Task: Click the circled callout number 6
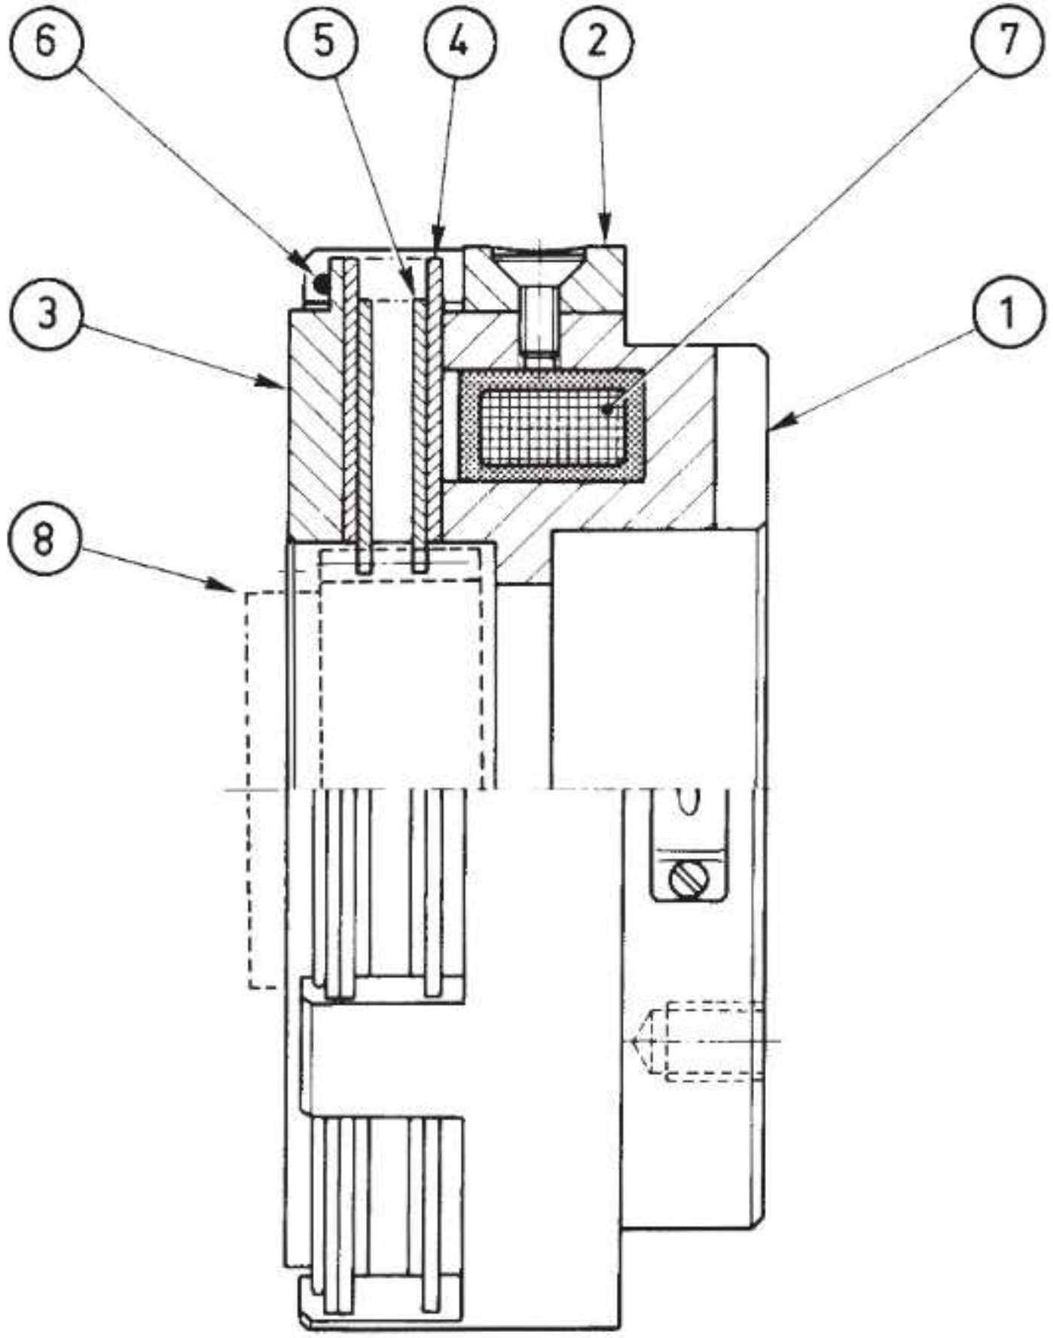[46, 41]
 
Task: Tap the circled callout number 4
[459, 41]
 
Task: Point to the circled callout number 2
[597, 41]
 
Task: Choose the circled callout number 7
[1009, 41]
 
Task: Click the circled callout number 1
[1009, 312]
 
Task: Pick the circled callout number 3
[46, 312]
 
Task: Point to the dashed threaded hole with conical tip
[696, 1040]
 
